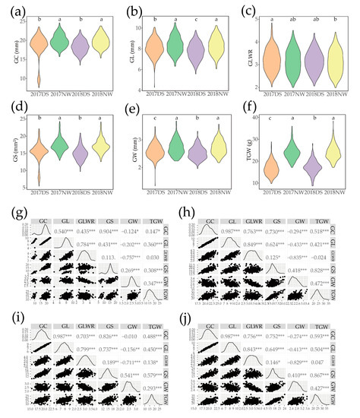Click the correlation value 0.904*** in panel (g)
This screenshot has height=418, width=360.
[120, 230]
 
